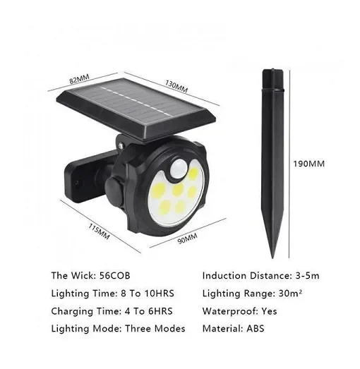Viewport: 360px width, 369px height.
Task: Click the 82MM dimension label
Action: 79,78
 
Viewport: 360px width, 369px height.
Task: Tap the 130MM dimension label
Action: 176,86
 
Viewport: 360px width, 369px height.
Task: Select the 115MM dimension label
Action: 99,231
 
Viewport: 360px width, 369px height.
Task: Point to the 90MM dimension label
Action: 188,238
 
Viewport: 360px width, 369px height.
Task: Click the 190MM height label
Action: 308,164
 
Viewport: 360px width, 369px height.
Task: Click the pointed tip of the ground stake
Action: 272,258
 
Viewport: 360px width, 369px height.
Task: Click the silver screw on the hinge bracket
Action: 121,145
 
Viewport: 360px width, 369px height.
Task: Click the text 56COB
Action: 114,276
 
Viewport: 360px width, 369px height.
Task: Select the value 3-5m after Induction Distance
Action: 307,276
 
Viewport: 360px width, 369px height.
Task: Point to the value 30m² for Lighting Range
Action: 290,294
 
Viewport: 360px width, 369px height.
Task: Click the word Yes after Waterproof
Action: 269,311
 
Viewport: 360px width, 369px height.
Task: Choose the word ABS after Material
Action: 256,329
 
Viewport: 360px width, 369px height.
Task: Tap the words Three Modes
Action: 155,329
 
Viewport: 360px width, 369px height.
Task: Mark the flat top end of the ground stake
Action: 272,70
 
